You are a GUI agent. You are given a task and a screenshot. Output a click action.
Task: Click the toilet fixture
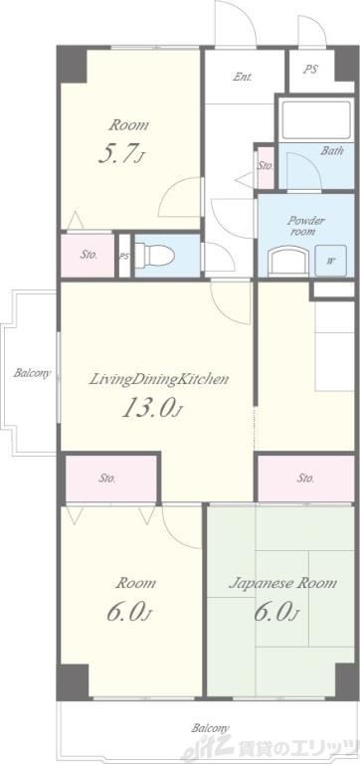(154, 255)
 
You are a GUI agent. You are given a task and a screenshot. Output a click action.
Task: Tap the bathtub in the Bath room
(316, 119)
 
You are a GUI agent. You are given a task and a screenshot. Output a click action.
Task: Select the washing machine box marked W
(330, 260)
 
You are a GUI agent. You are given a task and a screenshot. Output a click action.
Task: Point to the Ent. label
(242, 77)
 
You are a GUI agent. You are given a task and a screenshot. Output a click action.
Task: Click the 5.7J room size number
(121, 154)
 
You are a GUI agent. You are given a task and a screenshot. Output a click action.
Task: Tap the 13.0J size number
(151, 408)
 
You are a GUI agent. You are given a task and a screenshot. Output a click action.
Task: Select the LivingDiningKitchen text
(158, 380)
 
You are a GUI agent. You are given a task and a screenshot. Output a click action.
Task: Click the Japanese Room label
(283, 583)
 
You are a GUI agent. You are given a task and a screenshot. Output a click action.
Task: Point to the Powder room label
(305, 226)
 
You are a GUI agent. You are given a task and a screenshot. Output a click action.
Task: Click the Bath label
(332, 150)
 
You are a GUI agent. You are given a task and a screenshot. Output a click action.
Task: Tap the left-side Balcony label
(32, 374)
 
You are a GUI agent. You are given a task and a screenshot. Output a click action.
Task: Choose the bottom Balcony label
(210, 729)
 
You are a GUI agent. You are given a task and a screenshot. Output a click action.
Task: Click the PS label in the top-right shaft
(311, 70)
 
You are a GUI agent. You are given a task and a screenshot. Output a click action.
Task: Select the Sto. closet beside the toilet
(88, 256)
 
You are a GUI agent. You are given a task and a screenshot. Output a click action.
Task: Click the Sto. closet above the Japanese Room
(305, 477)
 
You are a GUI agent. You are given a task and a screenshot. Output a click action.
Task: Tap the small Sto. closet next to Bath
(265, 167)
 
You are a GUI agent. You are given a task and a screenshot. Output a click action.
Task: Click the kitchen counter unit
(334, 346)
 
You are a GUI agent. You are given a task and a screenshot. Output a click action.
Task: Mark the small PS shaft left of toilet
(124, 256)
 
